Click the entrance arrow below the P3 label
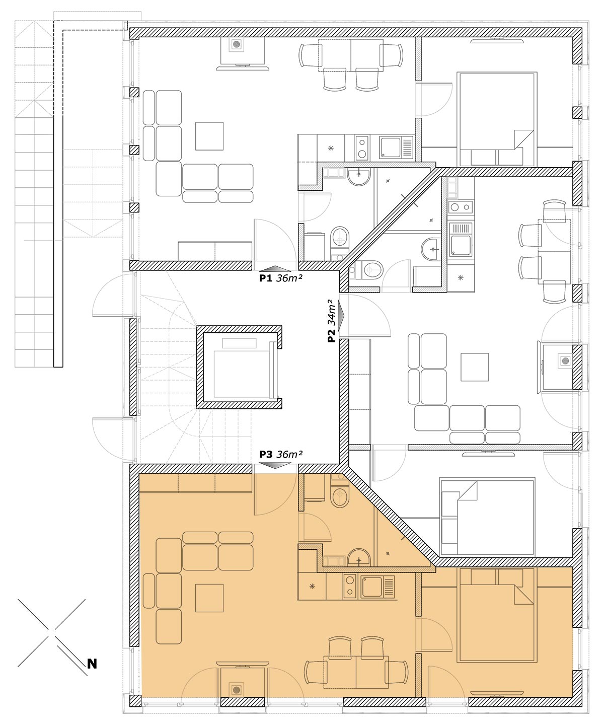[275, 466]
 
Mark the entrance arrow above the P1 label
[275, 268]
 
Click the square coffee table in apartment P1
[209, 136]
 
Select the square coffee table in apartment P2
[475, 368]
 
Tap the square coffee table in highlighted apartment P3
[209, 598]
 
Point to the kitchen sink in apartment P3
[378, 587]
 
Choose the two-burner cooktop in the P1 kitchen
[362, 148]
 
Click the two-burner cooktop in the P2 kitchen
[461, 207]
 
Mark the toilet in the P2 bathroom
[369, 269]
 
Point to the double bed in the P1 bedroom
[497, 119]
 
